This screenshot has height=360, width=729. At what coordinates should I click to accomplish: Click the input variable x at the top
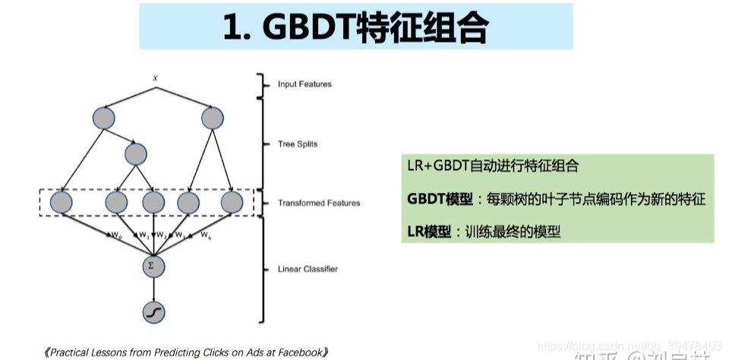pyautogui.click(x=155, y=77)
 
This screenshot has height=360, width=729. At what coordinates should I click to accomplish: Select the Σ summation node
pyautogui.click(x=154, y=267)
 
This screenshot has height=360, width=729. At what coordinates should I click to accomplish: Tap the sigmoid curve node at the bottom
pyautogui.click(x=154, y=311)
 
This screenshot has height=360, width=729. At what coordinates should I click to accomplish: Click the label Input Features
pyautogui.click(x=305, y=84)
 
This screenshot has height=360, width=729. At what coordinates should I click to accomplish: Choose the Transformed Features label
pyautogui.click(x=319, y=203)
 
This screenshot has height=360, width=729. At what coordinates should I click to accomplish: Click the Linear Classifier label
pyautogui.click(x=308, y=269)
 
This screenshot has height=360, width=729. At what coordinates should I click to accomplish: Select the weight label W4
pyautogui.click(x=205, y=236)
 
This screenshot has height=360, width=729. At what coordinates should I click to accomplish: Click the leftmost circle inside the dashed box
pyautogui.click(x=60, y=203)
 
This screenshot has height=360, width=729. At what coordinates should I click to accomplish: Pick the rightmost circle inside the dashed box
pyautogui.click(x=231, y=203)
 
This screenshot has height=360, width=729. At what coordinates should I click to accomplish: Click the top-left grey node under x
pyautogui.click(x=103, y=118)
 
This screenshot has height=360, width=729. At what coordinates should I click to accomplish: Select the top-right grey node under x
pyautogui.click(x=213, y=118)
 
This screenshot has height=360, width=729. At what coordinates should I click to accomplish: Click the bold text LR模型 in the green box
pyautogui.click(x=426, y=232)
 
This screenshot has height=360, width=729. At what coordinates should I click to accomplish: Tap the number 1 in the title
pyautogui.click(x=231, y=28)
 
